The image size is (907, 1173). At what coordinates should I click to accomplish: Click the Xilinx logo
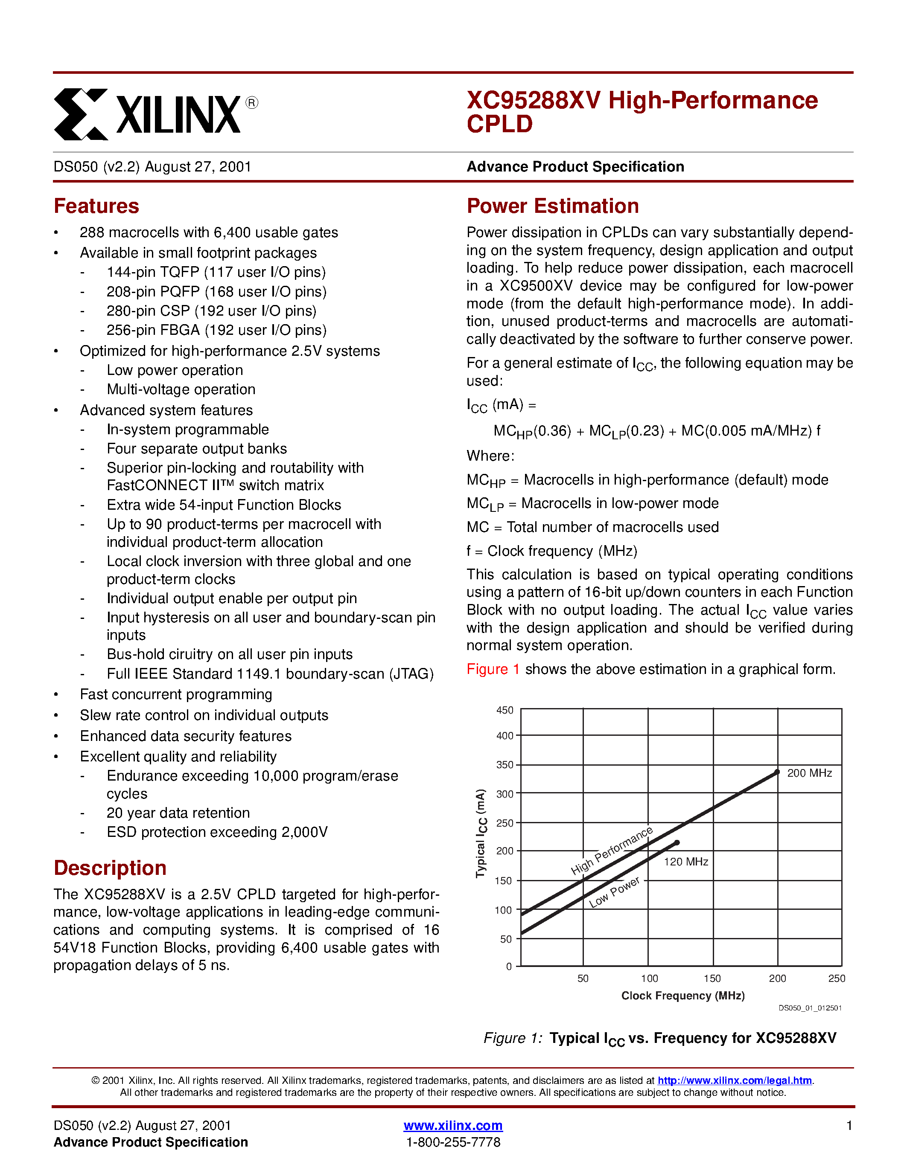coord(156,114)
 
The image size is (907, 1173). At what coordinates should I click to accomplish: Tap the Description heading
coord(110,868)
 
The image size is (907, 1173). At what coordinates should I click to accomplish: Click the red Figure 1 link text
coord(493,669)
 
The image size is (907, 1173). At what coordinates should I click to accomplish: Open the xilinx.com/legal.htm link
coord(734,1080)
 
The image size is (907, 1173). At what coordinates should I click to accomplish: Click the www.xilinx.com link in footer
coord(453,1125)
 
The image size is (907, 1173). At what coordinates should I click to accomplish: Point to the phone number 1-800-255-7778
coord(453,1142)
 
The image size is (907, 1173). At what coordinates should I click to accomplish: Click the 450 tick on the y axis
coord(505,710)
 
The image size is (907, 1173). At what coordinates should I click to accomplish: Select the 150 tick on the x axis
coord(712,978)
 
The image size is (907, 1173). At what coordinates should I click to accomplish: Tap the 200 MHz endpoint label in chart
coord(809,773)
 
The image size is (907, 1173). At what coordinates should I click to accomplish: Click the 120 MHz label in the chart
coord(685,862)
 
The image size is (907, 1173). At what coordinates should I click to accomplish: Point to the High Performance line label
coord(612,850)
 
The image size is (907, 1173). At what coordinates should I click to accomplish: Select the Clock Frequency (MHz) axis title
coord(682,996)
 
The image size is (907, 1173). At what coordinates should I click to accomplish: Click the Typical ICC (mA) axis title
coord(481,833)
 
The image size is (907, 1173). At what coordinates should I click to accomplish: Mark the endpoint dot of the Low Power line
coord(677,843)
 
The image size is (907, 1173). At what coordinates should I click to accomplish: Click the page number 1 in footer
coord(849,1125)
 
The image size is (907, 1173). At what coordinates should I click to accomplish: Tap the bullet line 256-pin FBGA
coord(216,330)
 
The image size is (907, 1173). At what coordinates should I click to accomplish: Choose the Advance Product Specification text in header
coord(575,166)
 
